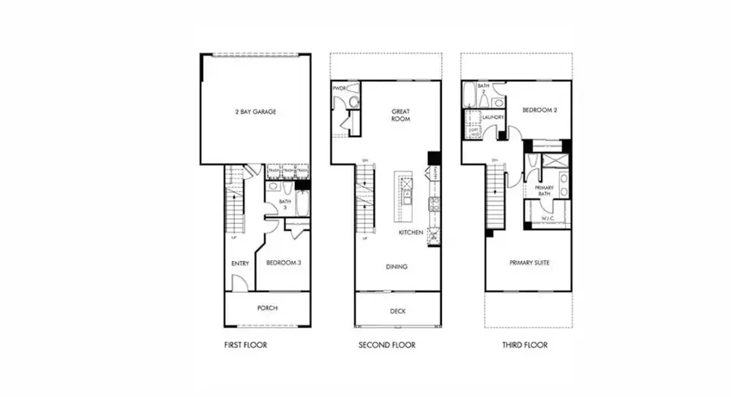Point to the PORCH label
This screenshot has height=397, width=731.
267,308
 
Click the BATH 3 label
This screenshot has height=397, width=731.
284,206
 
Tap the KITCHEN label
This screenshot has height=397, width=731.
409,233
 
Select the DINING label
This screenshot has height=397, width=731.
397,267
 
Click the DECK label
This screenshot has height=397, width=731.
398,311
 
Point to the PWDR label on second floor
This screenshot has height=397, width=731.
340,87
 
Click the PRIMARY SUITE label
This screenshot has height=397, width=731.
528,263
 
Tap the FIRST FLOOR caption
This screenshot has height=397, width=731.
245,345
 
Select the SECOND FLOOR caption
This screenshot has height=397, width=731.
387,345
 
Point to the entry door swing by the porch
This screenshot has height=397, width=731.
238,282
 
